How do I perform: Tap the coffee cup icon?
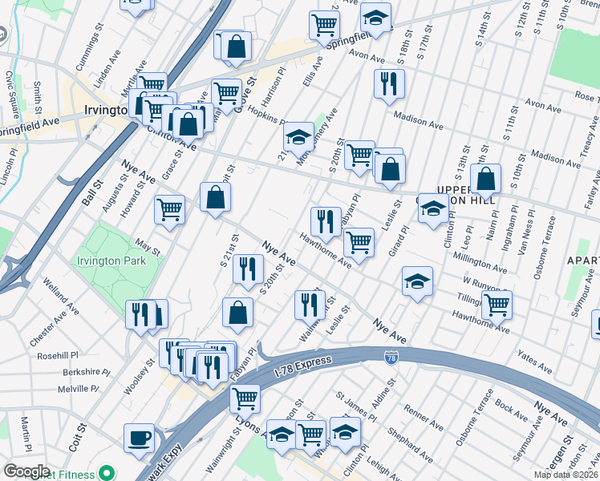click(139, 438)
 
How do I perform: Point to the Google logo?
click(26, 471)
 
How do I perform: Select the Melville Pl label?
click(78, 389)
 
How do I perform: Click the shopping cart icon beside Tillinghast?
click(497, 304)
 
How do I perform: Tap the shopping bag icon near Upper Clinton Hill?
click(486, 180)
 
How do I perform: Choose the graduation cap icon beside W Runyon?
click(417, 281)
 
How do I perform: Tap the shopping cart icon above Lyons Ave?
click(245, 397)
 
